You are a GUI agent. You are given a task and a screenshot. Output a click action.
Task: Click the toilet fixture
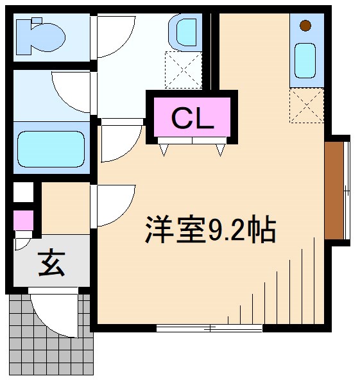40,35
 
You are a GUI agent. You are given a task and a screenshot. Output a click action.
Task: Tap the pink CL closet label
191,119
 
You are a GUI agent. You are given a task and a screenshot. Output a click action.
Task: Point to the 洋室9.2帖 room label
210,230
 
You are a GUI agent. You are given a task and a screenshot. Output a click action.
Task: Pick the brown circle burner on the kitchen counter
305,26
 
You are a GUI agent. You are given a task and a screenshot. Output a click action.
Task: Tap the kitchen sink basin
305,61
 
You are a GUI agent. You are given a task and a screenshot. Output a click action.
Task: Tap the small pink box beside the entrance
23,221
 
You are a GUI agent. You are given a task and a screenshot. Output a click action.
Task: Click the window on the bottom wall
210,328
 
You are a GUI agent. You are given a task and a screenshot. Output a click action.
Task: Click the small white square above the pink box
23,192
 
